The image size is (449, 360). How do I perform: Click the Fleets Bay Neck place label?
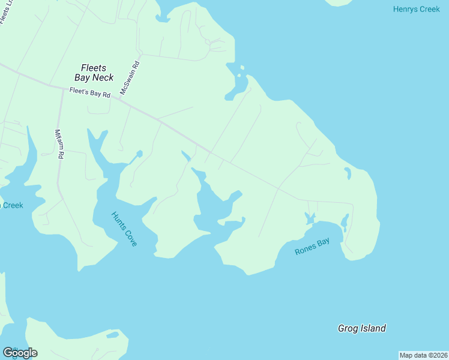[x=94, y=73]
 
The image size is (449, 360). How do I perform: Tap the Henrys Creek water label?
[x=415, y=9]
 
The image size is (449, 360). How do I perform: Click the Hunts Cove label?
[x=124, y=229]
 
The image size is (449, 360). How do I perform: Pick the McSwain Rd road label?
[x=130, y=78]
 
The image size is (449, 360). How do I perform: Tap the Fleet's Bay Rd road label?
[x=90, y=94]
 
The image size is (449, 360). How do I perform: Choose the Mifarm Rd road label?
[x=59, y=144]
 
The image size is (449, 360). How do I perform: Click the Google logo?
[x=20, y=353]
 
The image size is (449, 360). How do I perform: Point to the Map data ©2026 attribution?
[x=423, y=355]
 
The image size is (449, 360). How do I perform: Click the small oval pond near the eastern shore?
[x=347, y=173]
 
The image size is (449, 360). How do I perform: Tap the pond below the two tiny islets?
[x=237, y=88]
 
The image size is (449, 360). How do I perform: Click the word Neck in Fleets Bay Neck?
[x=103, y=77]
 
